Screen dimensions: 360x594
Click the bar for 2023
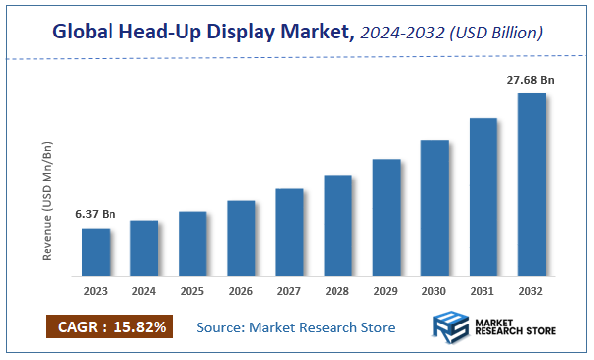[96, 252]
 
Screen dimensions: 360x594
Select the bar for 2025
[192, 244]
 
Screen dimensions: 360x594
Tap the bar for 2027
[289, 232]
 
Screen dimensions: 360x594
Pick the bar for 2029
[386, 217]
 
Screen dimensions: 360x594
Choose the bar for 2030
[434, 207]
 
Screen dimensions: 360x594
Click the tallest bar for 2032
[532, 184]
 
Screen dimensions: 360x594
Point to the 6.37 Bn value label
[96, 214]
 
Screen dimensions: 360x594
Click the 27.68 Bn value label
[530, 78]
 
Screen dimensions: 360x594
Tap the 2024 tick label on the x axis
[144, 292]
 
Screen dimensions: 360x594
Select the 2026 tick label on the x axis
[241, 292]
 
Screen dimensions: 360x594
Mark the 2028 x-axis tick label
[337, 292]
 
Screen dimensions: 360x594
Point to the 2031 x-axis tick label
[483, 292]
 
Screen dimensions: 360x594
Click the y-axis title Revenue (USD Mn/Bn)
[47, 201]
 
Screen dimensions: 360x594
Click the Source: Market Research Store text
[296, 327]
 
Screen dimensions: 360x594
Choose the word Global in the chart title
[87, 34]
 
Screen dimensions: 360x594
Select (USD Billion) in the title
[498, 34]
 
